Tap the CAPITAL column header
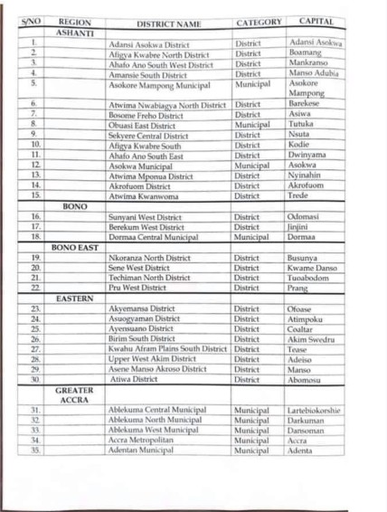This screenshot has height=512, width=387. pos(315,20)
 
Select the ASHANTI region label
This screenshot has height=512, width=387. pos(75,32)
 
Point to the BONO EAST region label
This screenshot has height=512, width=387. pos(74,246)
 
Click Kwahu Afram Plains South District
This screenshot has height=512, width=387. pos(168,348)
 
